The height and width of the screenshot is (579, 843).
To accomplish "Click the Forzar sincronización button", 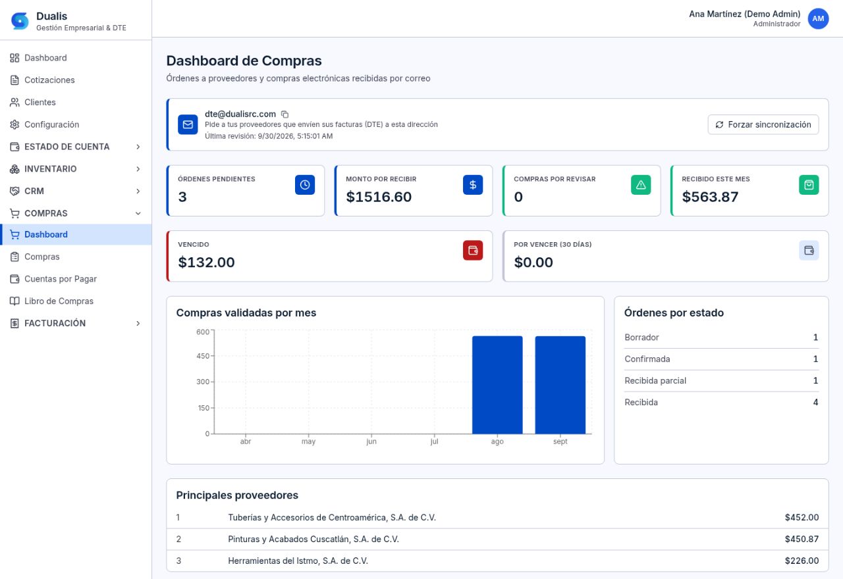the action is coord(763,124).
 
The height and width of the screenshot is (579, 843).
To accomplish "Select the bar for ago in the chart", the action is coord(497,385).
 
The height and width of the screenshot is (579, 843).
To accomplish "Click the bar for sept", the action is coord(560,385).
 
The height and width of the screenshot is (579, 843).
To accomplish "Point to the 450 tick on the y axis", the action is coord(203,356).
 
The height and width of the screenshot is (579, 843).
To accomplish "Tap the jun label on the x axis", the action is coord(371,441).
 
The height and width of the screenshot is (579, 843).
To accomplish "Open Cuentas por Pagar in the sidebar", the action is coord(61,279).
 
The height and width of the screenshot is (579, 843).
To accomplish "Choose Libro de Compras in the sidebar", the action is coord(59,301).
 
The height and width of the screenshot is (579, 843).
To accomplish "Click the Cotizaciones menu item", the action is coord(49,80).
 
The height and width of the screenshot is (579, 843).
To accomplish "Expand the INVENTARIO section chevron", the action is coord(138,169).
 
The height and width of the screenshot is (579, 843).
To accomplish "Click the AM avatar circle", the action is coord(818,18).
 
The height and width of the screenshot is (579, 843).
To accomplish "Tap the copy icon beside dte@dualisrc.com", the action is coord(285,114).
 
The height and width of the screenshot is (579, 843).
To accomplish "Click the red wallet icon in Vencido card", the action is coord(473,251).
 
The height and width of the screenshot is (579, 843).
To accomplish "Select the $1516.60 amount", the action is coord(379,197).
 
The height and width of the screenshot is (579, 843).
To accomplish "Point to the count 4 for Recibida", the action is coord(815,402).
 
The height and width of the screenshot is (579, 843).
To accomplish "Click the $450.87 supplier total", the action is coord(802,539).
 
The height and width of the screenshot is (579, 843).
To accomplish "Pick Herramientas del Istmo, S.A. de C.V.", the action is coord(298,561).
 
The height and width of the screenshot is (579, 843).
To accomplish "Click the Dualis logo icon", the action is coord(20,20).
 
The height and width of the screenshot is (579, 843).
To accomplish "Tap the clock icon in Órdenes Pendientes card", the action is coord(305,185).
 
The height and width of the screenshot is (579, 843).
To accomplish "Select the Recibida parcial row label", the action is coord(655,380).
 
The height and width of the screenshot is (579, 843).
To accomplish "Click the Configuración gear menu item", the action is coord(51,124).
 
